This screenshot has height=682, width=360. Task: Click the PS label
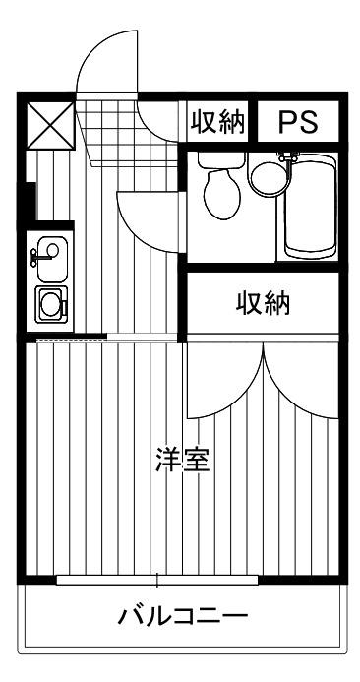pyautogui.click(x=297, y=122)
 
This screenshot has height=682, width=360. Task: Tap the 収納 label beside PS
pyautogui.click(x=216, y=122)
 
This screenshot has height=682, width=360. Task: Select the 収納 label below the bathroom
pyautogui.click(x=263, y=303)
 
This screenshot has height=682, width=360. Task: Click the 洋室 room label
pyautogui.click(x=182, y=461)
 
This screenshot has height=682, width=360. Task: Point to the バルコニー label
pyautogui.click(x=182, y=618)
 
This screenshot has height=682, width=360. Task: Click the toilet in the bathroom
pyautogui.click(x=220, y=189)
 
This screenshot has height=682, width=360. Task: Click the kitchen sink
pyautogui.click(x=49, y=256)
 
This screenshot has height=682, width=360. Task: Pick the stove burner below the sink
pyautogui.click(x=50, y=303)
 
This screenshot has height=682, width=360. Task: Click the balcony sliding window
pyautogui.click(x=157, y=579)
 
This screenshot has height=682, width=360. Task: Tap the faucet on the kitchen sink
pyautogui.click(x=35, y=258)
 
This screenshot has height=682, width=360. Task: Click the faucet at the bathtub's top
pyautogui.click(x=288, y=157)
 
